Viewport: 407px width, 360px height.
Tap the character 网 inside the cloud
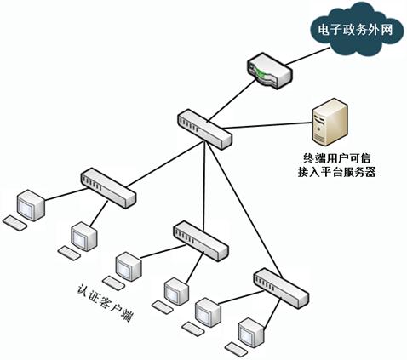coord(387,30)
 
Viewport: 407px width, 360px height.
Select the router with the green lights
coord(270,71)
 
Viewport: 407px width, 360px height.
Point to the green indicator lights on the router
coord(259,72)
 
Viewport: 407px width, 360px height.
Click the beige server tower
coord(330,123)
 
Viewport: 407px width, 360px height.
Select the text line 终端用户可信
coord(337,158)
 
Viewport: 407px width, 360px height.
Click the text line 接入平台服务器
coord(337,172)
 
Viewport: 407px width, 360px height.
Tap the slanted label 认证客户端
coord(106,302)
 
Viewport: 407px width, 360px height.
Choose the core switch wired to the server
coord(205,129)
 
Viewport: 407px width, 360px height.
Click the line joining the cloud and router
coord(307,56)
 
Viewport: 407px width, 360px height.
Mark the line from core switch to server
coord(267,125)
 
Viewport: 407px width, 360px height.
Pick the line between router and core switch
coord(232,100)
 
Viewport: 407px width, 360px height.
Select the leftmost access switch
coord(108,188)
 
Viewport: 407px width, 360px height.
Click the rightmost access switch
coord(281,289)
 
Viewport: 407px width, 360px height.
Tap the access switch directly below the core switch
coord(200,241)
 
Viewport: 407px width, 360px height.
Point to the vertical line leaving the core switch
coord(203,186)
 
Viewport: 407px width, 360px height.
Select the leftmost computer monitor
coord(31,205)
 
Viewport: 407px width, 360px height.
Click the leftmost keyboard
coord(14,223)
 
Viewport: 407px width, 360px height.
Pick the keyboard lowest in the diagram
coord(237,349)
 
